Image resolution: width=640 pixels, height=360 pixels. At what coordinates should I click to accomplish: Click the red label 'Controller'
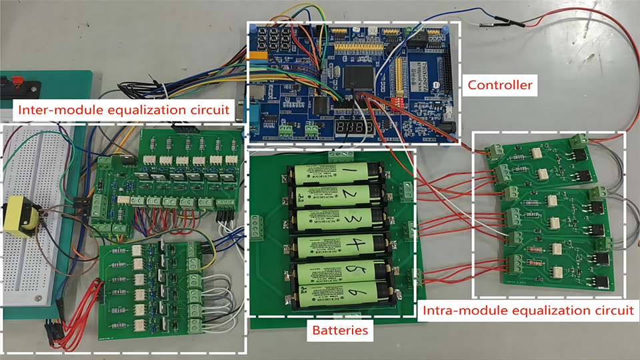(x=500, y=85)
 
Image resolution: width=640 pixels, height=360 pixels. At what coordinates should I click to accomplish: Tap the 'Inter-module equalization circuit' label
(x=126, y=108)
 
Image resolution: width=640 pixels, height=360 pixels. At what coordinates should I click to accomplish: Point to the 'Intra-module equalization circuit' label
(x=526, y=310)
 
